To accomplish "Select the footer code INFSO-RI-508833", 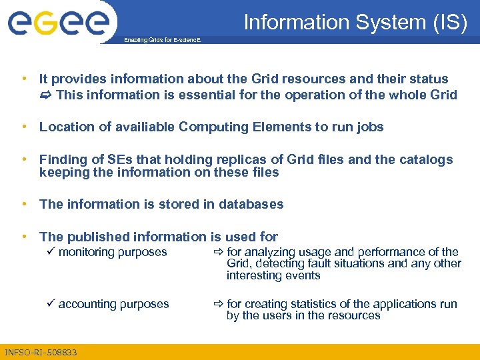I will click(x=41, y=352).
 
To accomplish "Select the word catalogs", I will click(x=426, y=159).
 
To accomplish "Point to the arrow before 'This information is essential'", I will click(x=46, y=95).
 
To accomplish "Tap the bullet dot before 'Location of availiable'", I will click(x=24, y=127).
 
